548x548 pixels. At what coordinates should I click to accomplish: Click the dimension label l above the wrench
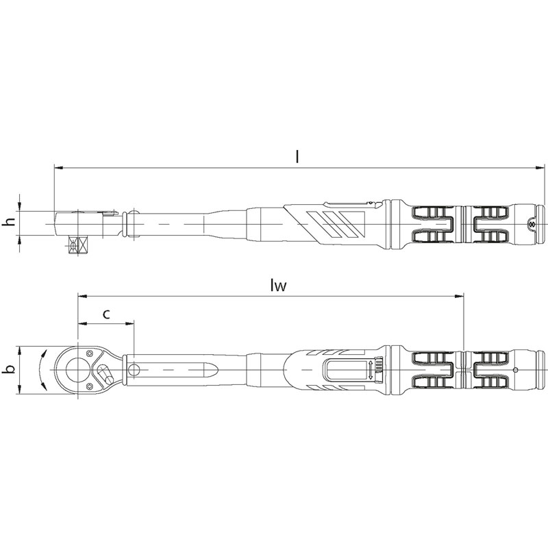point(297,157)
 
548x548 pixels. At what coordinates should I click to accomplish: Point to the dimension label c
point(107,314)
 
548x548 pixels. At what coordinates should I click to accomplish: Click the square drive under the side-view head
point(77,246)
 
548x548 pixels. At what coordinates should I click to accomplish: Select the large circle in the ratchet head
point(78,369)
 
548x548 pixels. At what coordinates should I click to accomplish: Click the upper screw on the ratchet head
point(90,353)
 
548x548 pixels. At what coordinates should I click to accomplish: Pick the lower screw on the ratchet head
point(90,386)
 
